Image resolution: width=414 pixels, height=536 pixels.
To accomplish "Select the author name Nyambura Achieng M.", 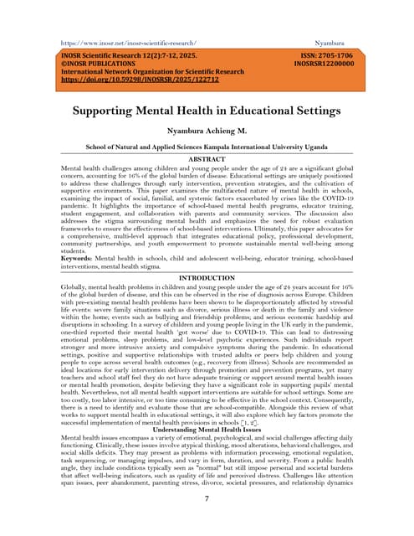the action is (207, 131).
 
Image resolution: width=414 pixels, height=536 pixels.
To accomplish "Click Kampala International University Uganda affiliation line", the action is (207, 146).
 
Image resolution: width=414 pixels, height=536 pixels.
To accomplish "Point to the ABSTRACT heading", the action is (207, 158).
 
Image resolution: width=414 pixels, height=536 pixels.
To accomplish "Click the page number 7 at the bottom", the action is (207, 498).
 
